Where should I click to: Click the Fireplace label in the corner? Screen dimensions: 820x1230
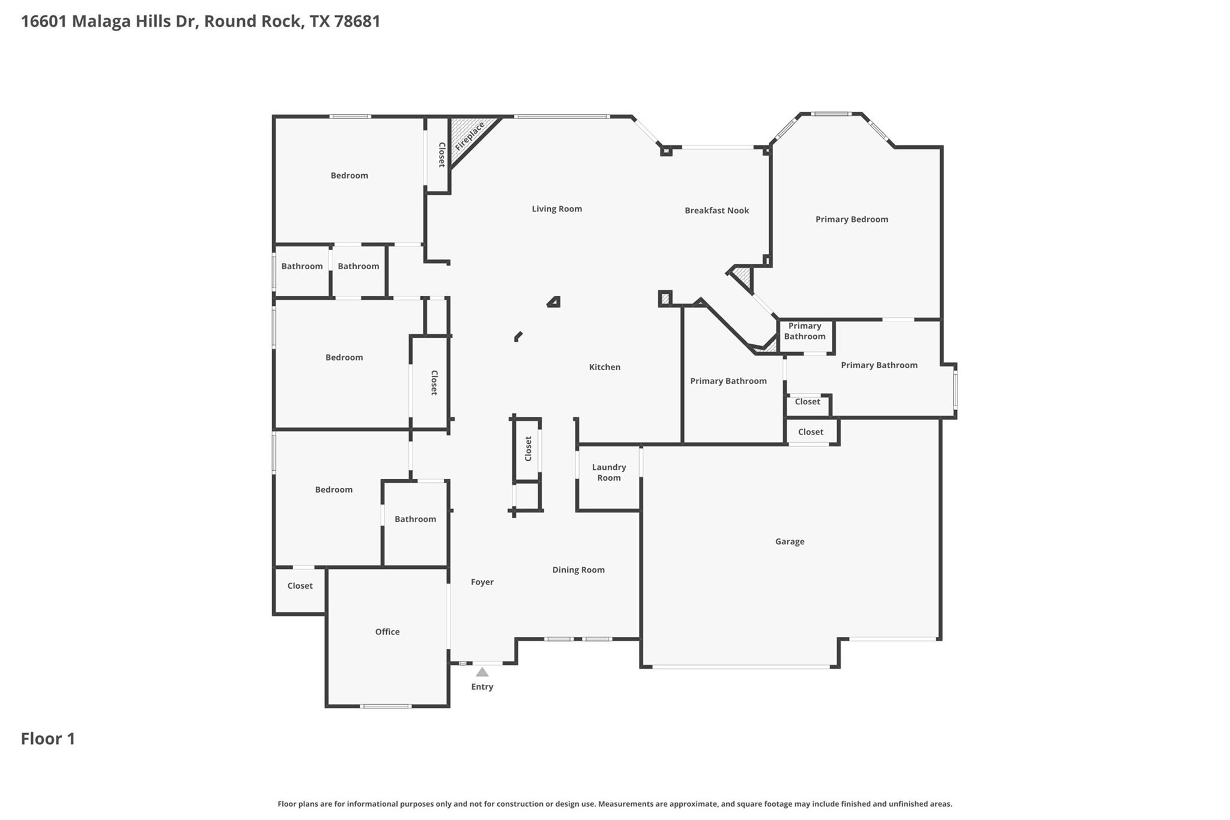coord(470,137)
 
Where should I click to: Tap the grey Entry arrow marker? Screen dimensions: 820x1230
coord(482,672)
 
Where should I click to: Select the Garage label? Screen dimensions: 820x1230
coord(789,541)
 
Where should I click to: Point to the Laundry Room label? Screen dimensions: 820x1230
coord(608,472)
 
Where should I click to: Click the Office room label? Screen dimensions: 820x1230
coord(387,631)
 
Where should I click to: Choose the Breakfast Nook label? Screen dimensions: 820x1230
coord(716,210)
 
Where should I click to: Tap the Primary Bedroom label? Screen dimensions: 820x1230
coord(851,219)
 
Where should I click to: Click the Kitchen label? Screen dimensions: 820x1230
coord(604,367)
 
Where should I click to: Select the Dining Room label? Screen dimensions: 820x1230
coord(578,569)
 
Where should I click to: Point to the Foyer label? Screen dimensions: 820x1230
coord(482,582)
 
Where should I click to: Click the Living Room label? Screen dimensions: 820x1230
coord(556,209)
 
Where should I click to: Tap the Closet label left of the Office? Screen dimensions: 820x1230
coord(300,586)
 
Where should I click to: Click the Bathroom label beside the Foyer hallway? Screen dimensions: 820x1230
coord(415,519)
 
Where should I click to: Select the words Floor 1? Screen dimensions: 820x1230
coord(48,738)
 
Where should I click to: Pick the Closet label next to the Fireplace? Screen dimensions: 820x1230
coord(441,154)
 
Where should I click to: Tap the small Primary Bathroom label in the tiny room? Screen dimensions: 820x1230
coord(804,331)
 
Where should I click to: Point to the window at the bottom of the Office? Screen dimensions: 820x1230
coord(386,706)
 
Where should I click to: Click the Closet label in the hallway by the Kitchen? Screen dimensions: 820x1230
coord(529,449)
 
